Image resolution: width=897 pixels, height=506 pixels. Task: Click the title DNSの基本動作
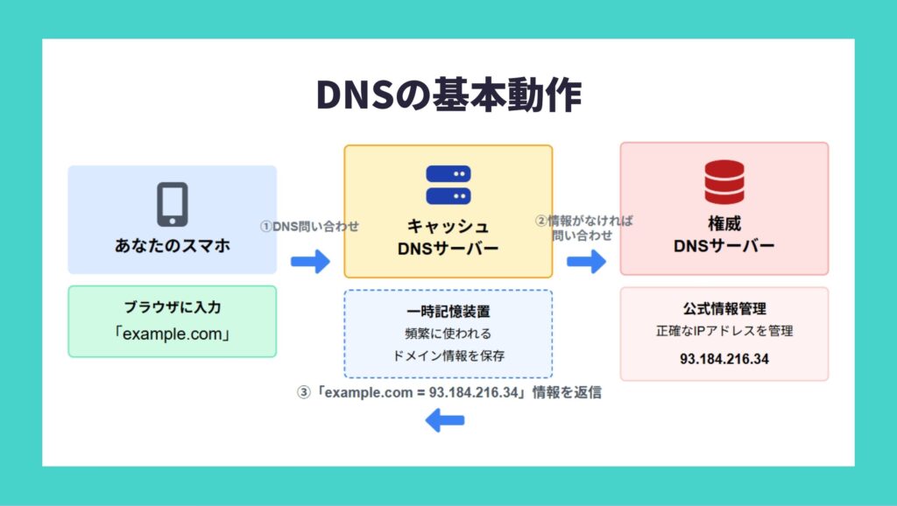448,95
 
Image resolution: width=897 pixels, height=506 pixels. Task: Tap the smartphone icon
173,204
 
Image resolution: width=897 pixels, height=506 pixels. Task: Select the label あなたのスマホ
173,246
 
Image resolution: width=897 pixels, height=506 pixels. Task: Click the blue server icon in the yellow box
448,185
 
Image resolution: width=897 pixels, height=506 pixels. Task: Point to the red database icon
724,182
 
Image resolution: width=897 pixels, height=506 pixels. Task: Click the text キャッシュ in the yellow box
448,227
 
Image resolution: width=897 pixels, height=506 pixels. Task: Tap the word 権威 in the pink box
724,223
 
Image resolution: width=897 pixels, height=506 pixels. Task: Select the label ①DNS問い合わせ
309,227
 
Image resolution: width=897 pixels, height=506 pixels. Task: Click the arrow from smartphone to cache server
310,262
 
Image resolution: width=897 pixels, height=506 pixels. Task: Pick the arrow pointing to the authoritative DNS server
586,262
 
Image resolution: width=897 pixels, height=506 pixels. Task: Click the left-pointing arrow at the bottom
445,421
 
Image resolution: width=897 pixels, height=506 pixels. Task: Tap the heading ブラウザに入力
173,307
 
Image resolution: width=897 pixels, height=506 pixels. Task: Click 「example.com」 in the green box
173,334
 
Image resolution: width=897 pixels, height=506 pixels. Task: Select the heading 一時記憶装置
448,312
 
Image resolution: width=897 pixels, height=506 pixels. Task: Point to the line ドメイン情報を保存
448,355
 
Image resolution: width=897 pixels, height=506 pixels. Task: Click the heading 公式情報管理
724,309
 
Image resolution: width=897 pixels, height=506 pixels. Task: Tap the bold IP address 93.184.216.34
724,359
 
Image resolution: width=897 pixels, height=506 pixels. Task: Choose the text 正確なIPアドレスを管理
724,331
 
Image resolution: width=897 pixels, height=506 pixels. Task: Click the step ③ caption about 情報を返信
448,393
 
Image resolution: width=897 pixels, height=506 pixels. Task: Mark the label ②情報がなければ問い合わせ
584,228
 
